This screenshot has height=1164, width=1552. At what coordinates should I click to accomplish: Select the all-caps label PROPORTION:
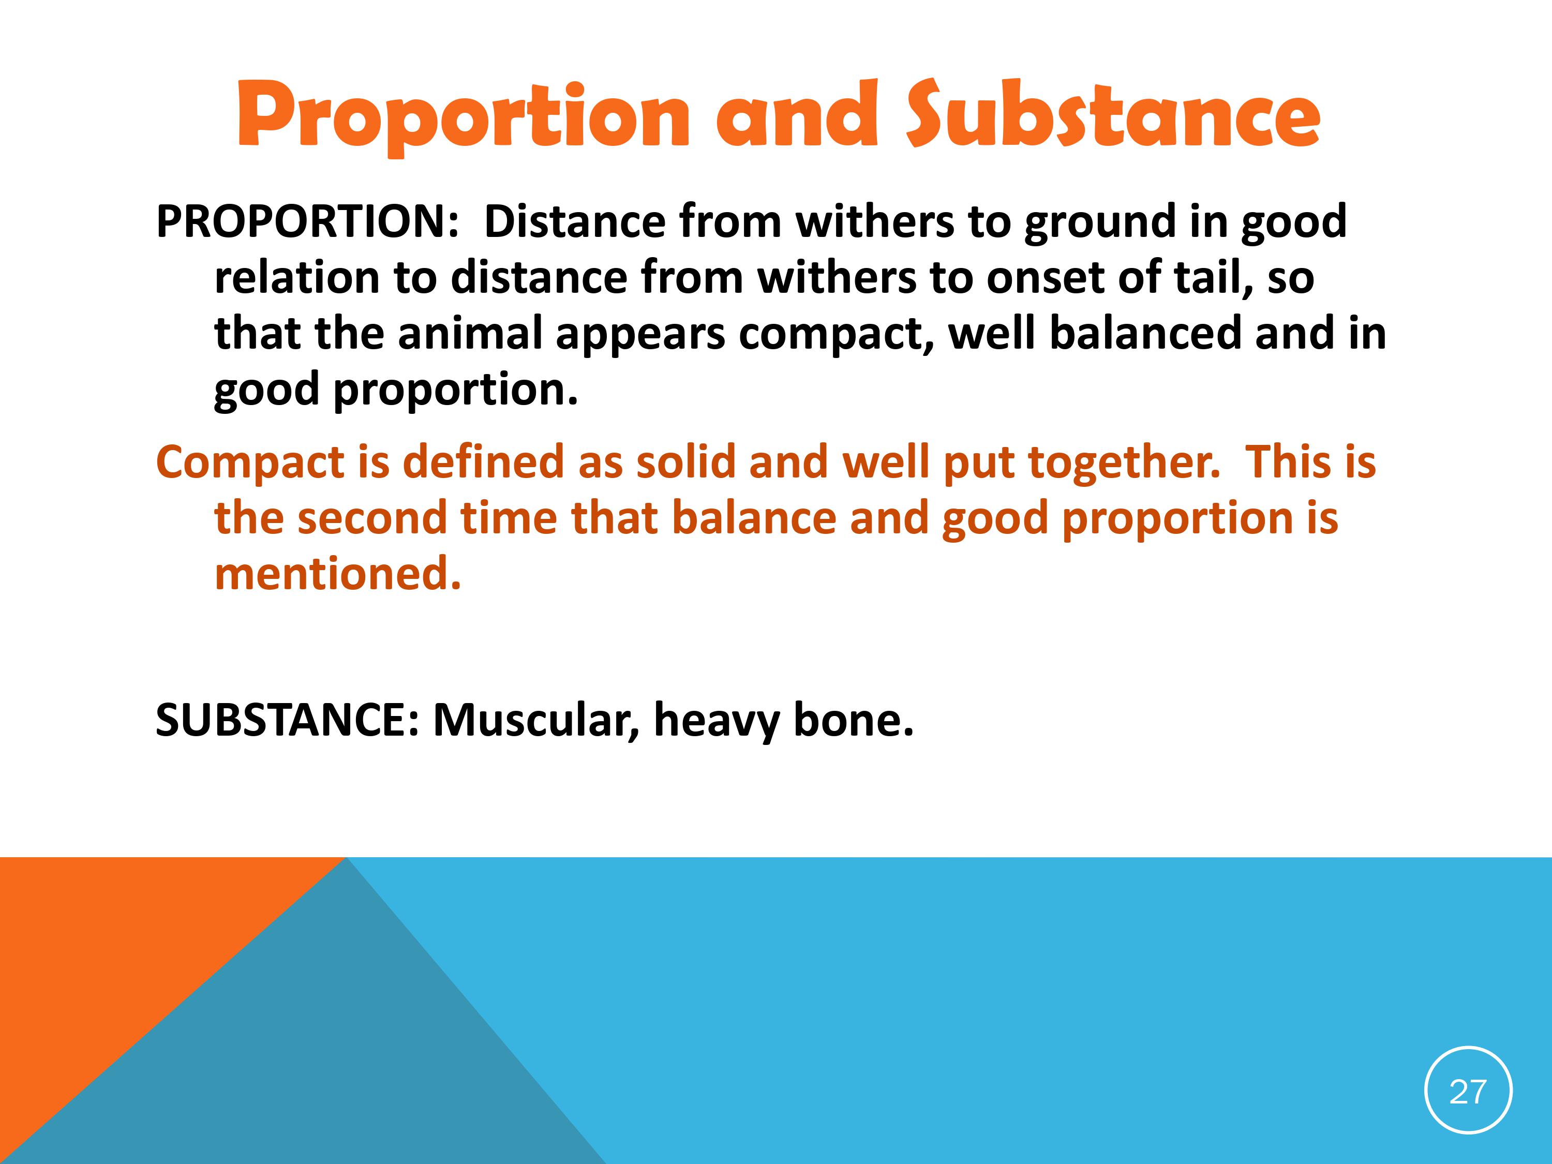307,222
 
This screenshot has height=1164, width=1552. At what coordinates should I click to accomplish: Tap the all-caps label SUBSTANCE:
287,720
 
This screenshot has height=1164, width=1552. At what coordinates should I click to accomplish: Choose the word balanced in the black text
1146,334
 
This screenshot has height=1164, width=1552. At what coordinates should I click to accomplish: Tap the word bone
853,720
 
